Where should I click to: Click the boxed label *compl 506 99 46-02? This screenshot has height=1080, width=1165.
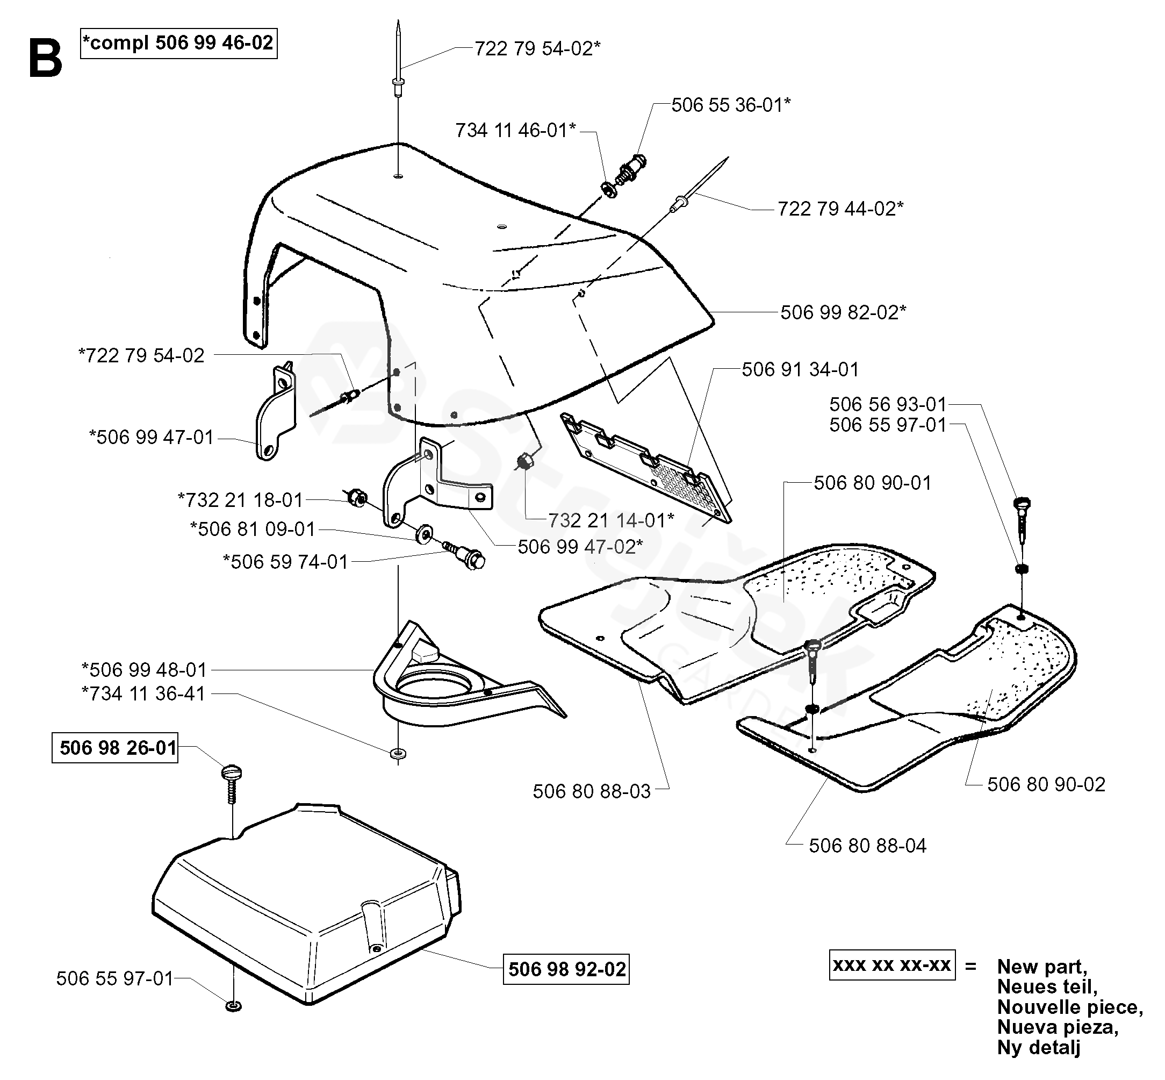(179, 43)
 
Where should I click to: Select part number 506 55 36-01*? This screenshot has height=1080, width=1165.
(731, 105)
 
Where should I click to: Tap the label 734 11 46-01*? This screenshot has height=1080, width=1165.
(515, 130)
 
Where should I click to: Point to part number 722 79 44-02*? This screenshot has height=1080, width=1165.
(840, 209)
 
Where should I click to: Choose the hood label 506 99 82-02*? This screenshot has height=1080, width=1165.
(843, 312)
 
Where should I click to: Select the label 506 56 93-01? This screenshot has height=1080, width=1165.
(888, 404)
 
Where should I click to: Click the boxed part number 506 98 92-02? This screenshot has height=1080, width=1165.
(566, 970)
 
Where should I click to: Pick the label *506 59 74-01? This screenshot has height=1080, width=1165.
(286, 562)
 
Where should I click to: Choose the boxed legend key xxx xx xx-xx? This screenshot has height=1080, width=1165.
(892, 965)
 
